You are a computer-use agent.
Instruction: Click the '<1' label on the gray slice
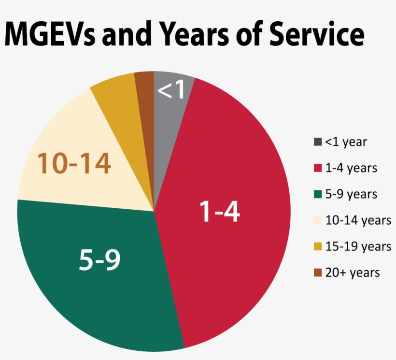pyautogui.click(x=172, y=90)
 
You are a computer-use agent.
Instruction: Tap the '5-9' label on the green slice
pyautogui.click(x=99, y=259)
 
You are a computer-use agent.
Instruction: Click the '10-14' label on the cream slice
pyautogui.click(x=74, y=164)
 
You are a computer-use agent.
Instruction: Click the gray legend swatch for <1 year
pyautogui.click(x=317, y=142)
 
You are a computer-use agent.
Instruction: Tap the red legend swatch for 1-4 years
pyautogui.click(x=317, y=168)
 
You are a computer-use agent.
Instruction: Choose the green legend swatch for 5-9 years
pyautogui.click(x=317, y=194)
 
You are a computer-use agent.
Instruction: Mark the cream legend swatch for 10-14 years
pyautogui.click(x=317, y=220)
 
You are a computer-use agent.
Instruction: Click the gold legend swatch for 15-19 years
pyautogui.click(x=317, y=246)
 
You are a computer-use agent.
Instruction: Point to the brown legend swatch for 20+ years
pyautogui.click(x=317, y=273)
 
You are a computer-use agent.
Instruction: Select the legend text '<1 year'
pyautogui.click(x=346, y=142)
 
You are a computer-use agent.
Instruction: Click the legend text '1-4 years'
pyautogui.click(x=351, y=168)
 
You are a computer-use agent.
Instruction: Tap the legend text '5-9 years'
pyautogui.click(x=351, y=194)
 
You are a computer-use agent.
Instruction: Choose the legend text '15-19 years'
pyautogui.click(x=358, y=246)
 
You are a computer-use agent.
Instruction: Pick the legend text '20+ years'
pyautogui.click(x=353, y=273)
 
